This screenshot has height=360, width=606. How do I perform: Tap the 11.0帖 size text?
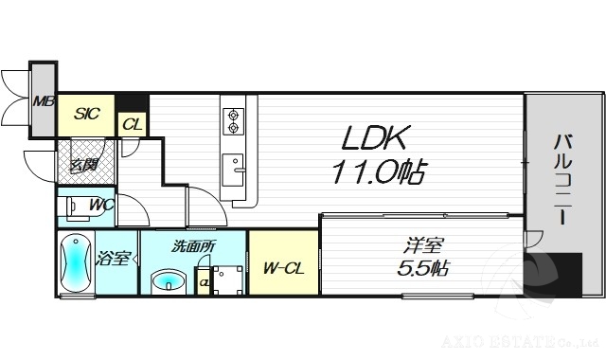click(x=377, y=172)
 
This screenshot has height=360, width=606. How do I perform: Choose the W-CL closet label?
click(x=283, y=268)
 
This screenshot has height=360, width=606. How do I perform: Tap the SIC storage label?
click(x=87, y=114)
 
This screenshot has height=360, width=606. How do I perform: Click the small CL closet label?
click(x=133, y=123)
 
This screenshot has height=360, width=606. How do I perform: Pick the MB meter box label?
click(x=44, y=101)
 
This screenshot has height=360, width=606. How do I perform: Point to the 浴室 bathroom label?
click(x=113, y=258)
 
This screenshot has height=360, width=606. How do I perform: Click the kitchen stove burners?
click(x=233, y=120)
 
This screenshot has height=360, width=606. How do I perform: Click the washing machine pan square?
click(x=228, y=278)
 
